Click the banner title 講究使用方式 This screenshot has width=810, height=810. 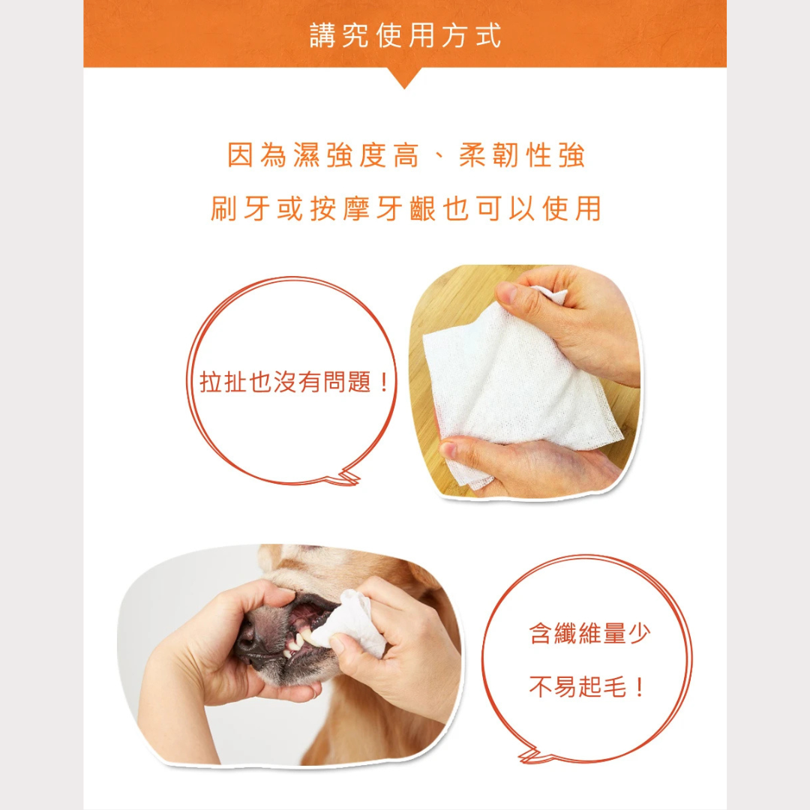point(405,36)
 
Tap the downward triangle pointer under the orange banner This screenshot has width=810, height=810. point(404,77)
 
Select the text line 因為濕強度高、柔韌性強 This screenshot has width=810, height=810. point(406,155)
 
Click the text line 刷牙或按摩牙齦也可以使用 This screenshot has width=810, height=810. point(406,208)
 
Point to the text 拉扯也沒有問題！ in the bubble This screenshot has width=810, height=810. point(293,382)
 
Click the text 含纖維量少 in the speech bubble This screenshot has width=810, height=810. point(589,633)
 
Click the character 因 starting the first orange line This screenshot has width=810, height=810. point(241,155)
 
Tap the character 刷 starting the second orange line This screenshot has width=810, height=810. point(223,208)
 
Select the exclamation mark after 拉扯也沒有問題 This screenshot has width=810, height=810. point(382,382)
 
